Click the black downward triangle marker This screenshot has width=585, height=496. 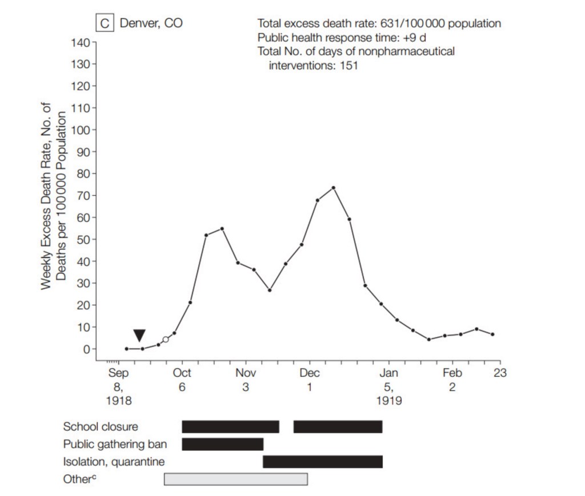[x=139, y=335]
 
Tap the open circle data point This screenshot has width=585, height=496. [x=166, y=340]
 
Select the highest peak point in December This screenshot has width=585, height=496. [x=334, y=188]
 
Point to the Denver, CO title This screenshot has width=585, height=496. [x=151, y=23]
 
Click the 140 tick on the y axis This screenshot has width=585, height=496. [x=81, y=42]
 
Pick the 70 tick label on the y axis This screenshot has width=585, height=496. [x=83, y=196]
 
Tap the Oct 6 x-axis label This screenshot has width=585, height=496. [x=182, y=380]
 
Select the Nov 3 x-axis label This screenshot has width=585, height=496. [x=246, y=380]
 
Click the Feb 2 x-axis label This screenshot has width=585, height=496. [x=452, y=380]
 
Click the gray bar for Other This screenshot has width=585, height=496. [x=235, y=479]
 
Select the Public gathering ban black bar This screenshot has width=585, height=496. [x=223, y=444]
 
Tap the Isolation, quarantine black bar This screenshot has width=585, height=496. [x=323, y=462]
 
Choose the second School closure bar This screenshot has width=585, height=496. [x=338, y=426]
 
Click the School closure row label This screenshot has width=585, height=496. [x=101, y=426]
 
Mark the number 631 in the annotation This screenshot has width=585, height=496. [x=389, y=24]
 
